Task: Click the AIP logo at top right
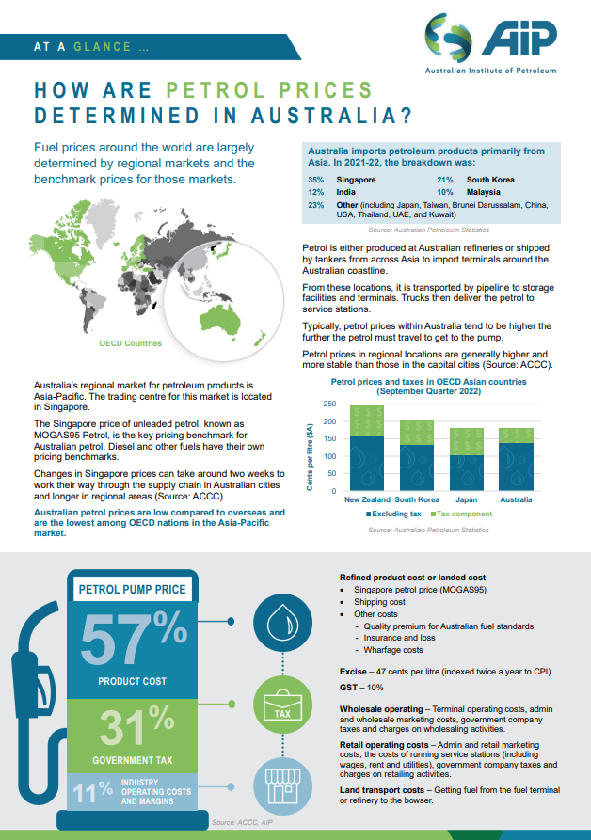coord(489,43)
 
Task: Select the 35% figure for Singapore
coord(316,179)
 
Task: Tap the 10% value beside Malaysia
coord(445,192)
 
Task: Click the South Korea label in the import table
coord(490,179)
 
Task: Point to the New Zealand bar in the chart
coord(366,448)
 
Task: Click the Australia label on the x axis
coord(516,499)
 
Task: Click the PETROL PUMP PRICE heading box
coord(133,591)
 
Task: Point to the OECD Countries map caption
coord(131,344)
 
